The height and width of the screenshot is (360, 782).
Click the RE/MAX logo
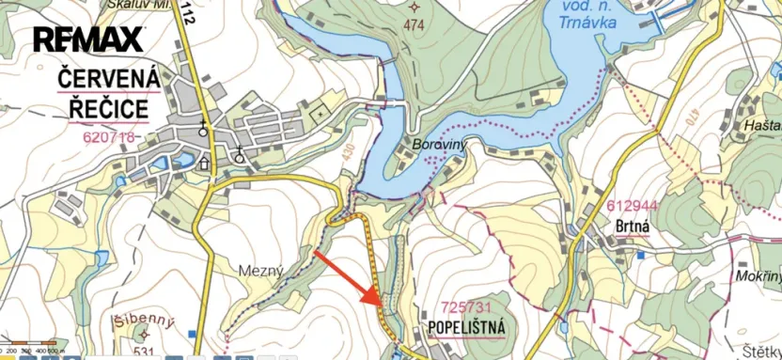coord(89,39)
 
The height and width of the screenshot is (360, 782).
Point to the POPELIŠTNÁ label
coord(466,327)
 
